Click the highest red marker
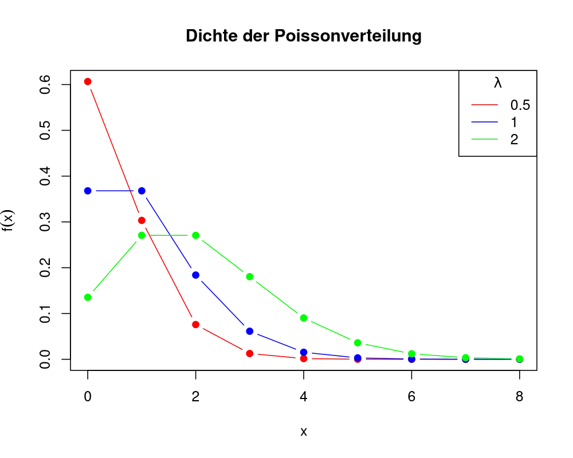click(x=87, y=82)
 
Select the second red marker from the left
click(x=142, y=220)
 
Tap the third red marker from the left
click(x=195, y=325)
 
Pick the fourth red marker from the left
click(x=249, y=353)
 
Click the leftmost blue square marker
click(x=87, y=191)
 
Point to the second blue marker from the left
click(x=142, y=191)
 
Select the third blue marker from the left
click(x=195, y=275)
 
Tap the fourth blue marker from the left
click(x=249, y=331)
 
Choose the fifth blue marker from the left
click(x=304, y=352)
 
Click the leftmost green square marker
click(x=87, y=298)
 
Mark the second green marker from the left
click(x=142, y=235)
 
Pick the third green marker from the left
click(x=196, y=235)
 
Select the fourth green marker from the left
click(x=250, y=277)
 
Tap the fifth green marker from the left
click(x=304, y=318)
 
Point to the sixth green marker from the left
click(x=358, y=343)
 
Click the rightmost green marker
click(x=519, y=358)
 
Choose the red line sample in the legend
click(x=484, y=104)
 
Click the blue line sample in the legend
click(x=484, y=122)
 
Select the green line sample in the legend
click(x=484, y=140)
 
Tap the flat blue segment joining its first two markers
click(x=115, y=191)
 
